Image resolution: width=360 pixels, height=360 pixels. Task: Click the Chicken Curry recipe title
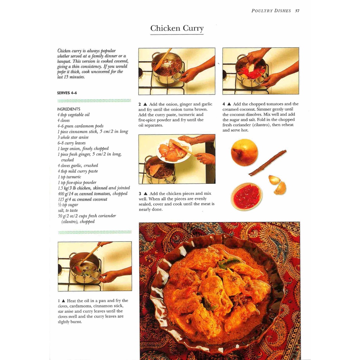177,28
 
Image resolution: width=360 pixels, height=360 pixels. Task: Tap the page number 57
297,11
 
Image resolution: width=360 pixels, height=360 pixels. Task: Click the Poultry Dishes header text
271,11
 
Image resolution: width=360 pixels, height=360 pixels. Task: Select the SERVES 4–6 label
67,93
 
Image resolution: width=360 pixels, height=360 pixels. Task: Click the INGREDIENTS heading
69,109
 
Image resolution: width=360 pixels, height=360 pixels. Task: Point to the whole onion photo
244,152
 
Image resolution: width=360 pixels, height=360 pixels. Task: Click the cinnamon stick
268,163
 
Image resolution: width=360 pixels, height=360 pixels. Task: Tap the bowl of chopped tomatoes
246,196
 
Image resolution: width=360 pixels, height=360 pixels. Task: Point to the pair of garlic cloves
278,184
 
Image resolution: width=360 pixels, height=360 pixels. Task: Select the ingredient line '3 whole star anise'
73,137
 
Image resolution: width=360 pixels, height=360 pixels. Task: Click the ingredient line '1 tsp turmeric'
69,177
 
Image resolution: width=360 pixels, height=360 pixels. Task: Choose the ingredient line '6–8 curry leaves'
71,143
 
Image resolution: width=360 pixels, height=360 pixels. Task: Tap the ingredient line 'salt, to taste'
68,211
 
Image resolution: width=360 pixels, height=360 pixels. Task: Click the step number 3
140,194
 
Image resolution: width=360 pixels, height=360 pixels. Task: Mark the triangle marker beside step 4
229,104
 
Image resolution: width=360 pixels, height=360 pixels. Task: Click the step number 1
59,301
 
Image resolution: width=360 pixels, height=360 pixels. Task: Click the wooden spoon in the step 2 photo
163,59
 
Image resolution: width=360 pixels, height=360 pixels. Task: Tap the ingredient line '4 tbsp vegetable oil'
73,115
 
